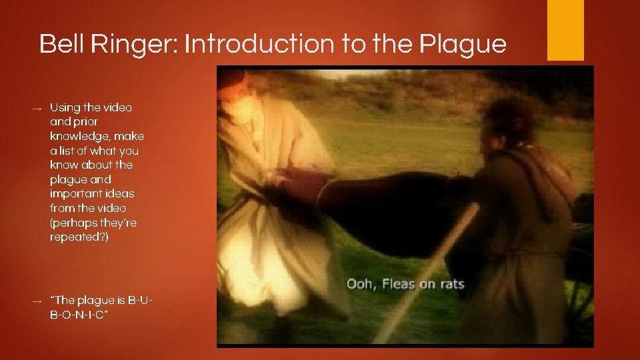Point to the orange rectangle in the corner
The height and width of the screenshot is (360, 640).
[565, 30]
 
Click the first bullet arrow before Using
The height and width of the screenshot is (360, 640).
[38, 108]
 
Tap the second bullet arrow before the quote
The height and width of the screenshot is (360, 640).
[38, 301]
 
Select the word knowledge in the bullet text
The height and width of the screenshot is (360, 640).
[77, 136]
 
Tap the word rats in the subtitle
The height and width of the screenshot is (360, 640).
[451, 285]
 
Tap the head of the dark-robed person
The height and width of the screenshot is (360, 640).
[510, 120]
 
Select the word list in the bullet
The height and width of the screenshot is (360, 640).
[68, 151]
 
